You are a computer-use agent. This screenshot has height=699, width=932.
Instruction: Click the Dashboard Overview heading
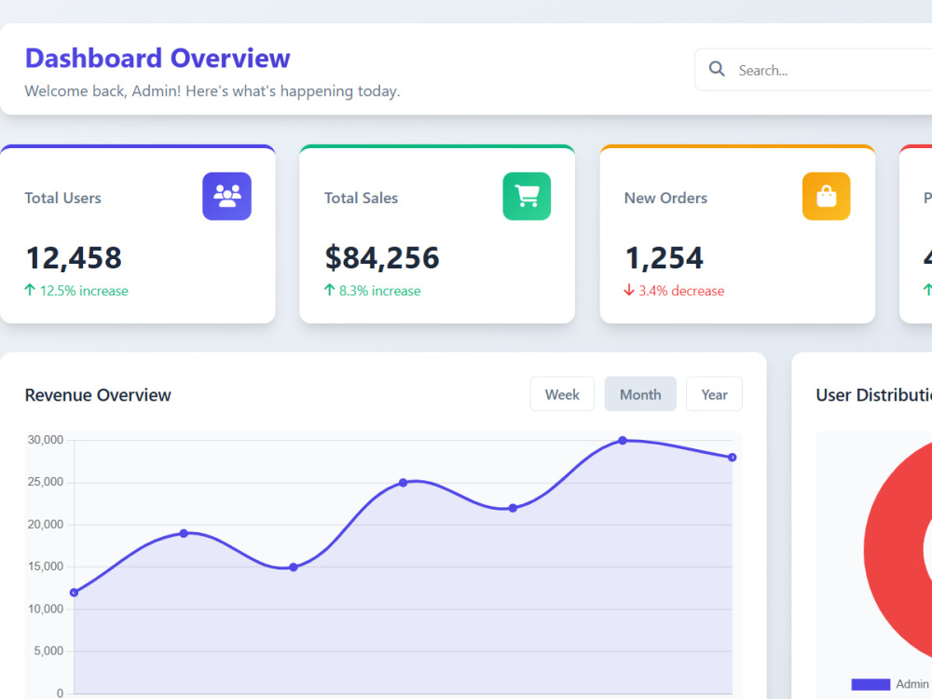(158, 58)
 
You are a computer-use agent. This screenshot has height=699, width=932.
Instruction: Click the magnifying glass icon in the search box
(717, 69)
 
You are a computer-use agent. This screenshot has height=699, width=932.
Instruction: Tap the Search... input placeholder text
(763, 71)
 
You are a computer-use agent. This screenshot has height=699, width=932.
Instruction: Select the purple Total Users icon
(227, 196)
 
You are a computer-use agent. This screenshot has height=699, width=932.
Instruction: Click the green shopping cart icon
(527, 196)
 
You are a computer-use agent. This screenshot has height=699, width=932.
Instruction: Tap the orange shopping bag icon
(826, 196)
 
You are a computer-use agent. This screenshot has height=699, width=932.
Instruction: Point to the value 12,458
(74, 258)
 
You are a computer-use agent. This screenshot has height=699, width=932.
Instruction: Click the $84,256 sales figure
(381, 258)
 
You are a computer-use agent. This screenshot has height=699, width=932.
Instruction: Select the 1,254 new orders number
(664, 258)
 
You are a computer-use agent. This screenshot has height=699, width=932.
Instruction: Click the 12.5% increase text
(84, 291)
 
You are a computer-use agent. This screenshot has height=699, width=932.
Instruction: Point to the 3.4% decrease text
(681, 291)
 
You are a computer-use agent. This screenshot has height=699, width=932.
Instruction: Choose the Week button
(562, 394)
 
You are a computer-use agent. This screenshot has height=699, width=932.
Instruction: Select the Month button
(640, 394)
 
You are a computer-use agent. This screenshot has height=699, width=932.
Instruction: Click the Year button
(714, 394)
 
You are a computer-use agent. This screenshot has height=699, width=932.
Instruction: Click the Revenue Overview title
(98, 395)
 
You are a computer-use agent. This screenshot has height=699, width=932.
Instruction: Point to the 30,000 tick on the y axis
(45, 440)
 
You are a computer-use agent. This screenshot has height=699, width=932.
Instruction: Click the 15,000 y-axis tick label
(45, 567)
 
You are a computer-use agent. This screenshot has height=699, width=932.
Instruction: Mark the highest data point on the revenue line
(623, 441)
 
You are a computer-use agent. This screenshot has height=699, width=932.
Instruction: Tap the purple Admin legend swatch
(870, 684)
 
